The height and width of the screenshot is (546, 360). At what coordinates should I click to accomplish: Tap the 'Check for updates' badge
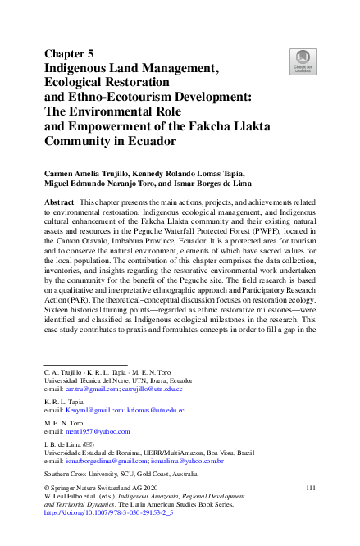pyautogui.click(x=303, y=62)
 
